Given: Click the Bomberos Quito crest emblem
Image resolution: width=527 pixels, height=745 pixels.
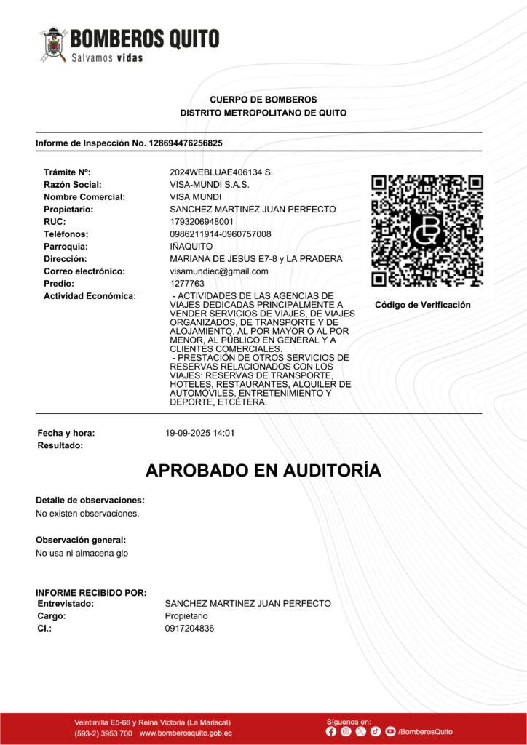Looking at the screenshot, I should [54, 44].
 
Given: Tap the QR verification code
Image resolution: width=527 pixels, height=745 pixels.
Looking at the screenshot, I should [427, 231].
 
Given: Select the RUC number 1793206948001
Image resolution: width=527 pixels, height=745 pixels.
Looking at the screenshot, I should [202, 222].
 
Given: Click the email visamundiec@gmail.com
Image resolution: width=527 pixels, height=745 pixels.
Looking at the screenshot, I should [219, 271].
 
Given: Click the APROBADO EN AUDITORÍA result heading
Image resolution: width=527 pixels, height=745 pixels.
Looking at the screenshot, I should [263, 471].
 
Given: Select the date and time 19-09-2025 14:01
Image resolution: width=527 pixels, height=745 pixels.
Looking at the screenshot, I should [200, 434].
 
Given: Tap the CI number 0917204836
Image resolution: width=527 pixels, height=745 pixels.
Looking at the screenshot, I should [190, 629].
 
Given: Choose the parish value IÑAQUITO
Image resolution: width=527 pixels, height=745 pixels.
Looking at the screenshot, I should [191, 247].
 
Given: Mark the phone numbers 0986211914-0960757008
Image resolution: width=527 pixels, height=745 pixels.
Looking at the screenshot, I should [221, 234].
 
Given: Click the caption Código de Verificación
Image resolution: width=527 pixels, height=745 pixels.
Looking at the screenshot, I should [423, 305].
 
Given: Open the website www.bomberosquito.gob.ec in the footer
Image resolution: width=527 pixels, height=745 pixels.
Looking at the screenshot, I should [186, 733].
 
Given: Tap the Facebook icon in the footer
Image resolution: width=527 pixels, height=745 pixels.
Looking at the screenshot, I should [332, 731].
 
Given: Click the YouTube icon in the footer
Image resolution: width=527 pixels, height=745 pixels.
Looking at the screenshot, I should [391, 731].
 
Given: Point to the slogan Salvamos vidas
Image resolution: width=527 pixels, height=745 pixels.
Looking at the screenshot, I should [107, 57].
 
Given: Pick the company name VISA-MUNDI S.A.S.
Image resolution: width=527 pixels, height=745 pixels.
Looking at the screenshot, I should [210, 185].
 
